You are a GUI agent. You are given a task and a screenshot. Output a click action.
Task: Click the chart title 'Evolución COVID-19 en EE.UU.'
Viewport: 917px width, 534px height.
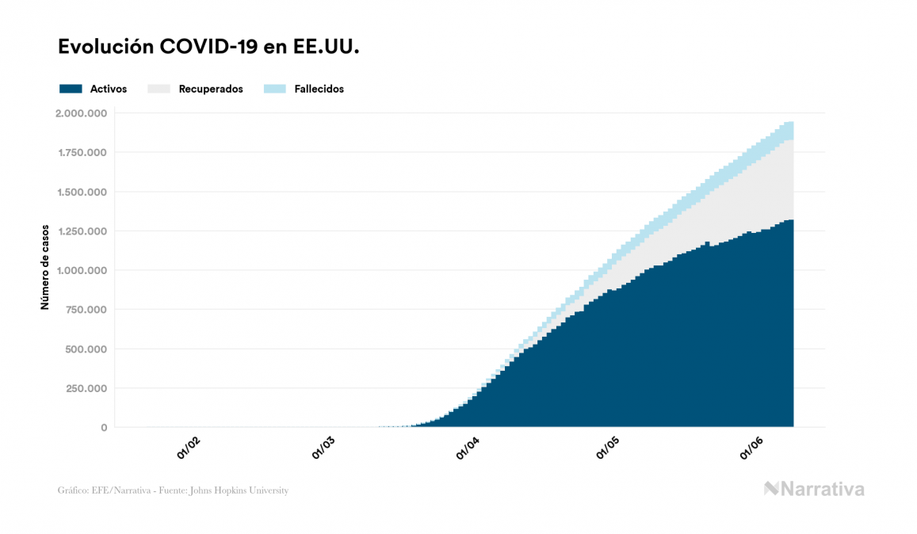(209, 48)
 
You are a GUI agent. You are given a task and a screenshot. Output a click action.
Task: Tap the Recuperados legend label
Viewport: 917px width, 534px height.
(211, 89)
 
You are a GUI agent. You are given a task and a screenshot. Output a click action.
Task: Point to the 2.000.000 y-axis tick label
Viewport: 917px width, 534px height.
(81, 113)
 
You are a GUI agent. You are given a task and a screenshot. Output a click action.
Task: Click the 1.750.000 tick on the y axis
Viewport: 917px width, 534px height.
(82, 152)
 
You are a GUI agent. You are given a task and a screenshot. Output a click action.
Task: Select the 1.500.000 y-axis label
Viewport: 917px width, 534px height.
(82, 192)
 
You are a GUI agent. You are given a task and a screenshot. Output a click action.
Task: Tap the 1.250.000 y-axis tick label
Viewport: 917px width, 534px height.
(82, 231)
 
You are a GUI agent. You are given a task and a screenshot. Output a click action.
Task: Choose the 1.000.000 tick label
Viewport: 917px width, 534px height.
(82, 270)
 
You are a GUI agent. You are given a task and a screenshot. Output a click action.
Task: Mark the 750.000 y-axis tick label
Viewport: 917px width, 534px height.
(88, 310)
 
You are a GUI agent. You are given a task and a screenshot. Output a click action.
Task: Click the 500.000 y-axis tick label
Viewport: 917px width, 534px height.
(88, 349)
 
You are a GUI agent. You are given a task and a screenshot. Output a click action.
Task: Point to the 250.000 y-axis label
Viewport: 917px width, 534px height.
(88, 388)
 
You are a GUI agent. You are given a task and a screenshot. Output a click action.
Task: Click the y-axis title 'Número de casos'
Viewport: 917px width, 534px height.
(45, 266)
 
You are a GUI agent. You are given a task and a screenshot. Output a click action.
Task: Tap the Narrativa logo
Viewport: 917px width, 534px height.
(814, 489)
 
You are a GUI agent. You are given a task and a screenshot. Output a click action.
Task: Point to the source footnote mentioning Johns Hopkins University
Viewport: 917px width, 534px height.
(173, 490)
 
